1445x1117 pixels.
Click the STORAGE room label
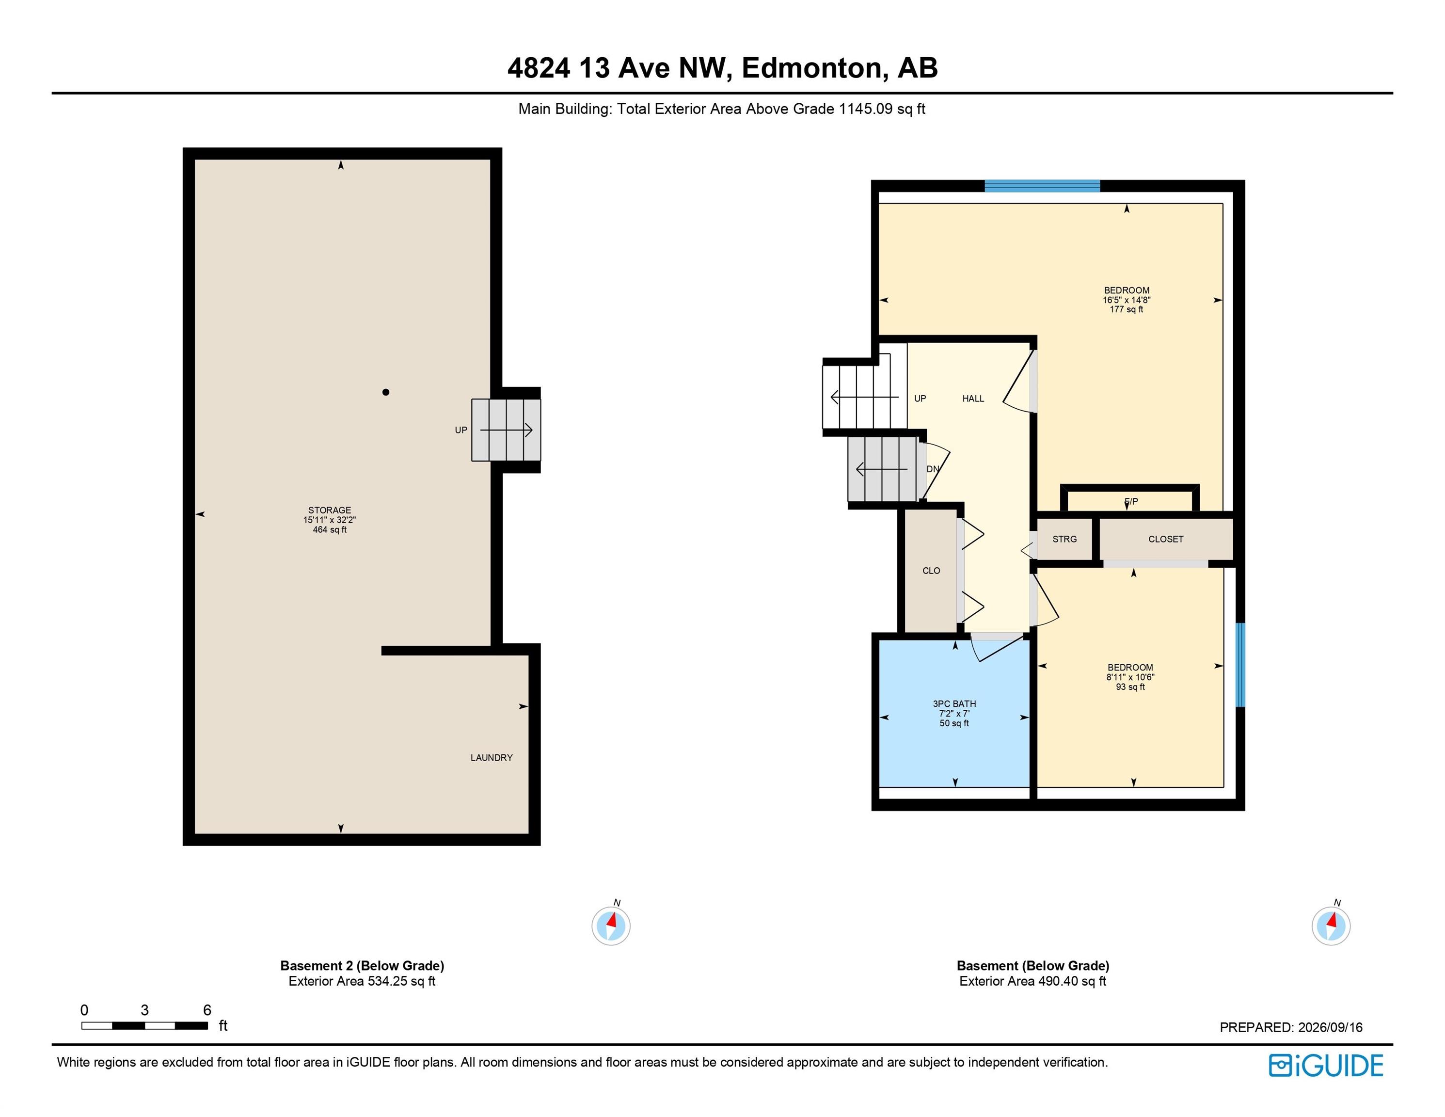tap(330, 510)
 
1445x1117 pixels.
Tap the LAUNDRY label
tap(492, 758)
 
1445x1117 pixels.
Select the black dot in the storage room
tap(386, 392)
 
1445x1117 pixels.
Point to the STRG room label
tap(1064, 539)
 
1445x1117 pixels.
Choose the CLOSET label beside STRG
tap(1166, 539)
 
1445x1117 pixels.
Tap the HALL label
tap(973, 399)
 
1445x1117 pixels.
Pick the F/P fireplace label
tap(1131, 502)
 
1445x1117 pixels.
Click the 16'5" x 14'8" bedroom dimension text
tap(1127, 300)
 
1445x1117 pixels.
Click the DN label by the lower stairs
tap(933, 469)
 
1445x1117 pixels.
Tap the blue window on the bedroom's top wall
tap(1042, 186)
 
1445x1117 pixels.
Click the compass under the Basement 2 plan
tap(611, 926)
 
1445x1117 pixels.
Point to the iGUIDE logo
tap(1327, 1066)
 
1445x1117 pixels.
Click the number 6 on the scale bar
tap(207, 1010)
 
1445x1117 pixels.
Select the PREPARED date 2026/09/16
tap(1330, 1028)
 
